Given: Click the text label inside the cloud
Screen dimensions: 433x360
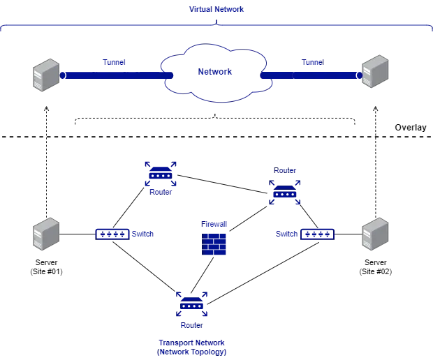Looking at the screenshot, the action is point(214,72).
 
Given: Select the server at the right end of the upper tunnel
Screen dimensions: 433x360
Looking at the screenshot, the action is point(375,70).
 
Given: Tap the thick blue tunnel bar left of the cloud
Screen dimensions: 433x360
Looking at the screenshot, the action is point(112,74).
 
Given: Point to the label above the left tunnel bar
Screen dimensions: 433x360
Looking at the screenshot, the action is point(114,63).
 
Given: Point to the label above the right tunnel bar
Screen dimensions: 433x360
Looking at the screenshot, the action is point(313,63).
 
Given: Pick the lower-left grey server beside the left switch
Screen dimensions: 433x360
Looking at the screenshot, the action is point(47,234).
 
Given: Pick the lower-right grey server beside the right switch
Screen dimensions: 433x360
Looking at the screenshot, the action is point(375,234).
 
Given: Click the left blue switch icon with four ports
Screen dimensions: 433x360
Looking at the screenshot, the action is point(112,234).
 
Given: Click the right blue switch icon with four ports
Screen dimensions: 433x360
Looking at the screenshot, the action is point(318,234).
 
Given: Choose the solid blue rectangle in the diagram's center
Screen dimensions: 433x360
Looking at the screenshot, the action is point(214,243).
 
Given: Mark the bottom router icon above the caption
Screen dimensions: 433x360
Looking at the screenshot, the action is point(191,305).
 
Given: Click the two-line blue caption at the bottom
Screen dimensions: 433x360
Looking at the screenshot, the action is point(191,347).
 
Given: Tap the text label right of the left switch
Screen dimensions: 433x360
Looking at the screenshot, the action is point(143,234).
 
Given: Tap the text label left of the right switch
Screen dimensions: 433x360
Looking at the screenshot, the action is point(286,234).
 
